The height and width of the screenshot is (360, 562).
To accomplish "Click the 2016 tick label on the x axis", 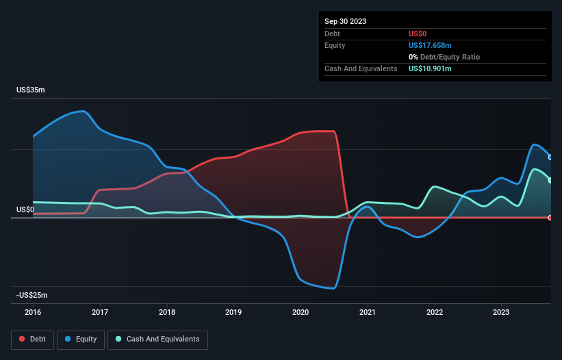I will pyautogui.click(x=33, y=311).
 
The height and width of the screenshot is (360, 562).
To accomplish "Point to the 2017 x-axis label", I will pyautogui.click(x=100, y=311).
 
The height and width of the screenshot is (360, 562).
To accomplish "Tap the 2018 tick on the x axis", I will pyautogui.click(x=167, y=311).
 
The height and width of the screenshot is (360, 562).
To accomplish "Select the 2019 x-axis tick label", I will pyautogui.click(x=234, y=311).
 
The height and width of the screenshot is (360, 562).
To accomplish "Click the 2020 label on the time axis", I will pyautogui.click(x=301, y=311).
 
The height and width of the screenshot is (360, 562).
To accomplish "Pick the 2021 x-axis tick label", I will pyautogui.click(x=368, y=311).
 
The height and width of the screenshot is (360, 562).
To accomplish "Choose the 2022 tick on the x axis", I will pyautogui.click(x=435, y=311).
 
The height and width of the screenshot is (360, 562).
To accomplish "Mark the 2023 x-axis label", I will pyautogui.click(x=502, y=311).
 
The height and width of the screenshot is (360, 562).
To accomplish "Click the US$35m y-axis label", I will pyautogui.click(x=31, y=90).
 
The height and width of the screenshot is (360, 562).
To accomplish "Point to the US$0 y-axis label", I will pyautogui.click(x=26, y=209).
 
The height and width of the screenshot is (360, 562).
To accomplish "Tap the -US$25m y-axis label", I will pyautogui.click(x=32, y=295).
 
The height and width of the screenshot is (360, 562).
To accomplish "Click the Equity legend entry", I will pyautogui.click(x=81, y=339).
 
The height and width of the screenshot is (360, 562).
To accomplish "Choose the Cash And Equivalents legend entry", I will pyautogui.click(x=157, y=339).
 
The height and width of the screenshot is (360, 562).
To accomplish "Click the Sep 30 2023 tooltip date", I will pyautogui.click(x=345, y=21).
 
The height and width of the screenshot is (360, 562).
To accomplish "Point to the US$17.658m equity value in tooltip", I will pyautogui.click(x=430, y=45).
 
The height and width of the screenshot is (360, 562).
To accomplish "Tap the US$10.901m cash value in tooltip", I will pyautogui.click(x=430, y=69).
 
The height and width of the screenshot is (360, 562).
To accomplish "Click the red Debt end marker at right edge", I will pyautogui.click(x=550, y=218).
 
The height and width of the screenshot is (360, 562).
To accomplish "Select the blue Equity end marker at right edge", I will pyautogui.click(x=550, y=157).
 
